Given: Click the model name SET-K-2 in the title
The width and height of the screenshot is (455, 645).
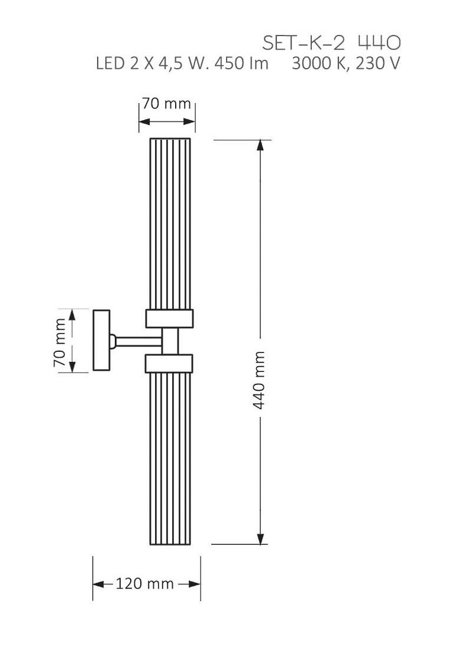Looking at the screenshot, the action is click(303, 43).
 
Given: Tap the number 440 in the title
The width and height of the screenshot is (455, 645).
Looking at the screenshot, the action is click(379, 43).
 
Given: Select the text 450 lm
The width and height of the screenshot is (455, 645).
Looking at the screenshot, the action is click(241, 63).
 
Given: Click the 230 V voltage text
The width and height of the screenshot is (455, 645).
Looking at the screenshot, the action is click(377, 64).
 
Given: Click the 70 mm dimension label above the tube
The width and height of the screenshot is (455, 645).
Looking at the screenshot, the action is click(166, 103).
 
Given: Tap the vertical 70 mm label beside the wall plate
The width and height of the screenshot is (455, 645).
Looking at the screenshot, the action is click(60, 341).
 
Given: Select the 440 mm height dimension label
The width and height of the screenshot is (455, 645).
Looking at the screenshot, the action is click(259, 380).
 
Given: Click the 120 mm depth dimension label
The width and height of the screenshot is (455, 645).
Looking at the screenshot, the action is click(144, 583).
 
